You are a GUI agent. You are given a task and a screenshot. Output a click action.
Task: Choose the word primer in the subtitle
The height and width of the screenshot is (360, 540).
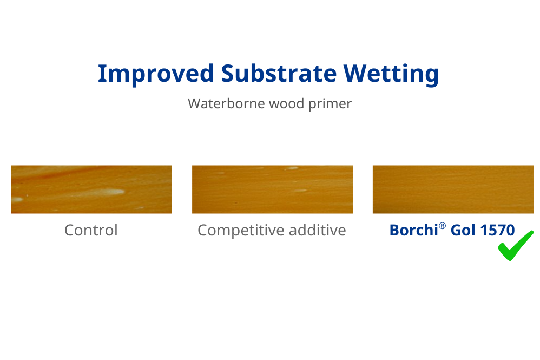click(330, 104)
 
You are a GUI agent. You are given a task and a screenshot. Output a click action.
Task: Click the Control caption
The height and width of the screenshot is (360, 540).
click(91, 230)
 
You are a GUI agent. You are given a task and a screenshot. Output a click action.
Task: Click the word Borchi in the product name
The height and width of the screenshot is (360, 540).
click(413, 230)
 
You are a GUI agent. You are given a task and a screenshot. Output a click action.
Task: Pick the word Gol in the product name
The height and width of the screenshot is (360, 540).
click(463, 230)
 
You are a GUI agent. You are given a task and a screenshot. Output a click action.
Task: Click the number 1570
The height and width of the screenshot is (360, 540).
click(497, 230)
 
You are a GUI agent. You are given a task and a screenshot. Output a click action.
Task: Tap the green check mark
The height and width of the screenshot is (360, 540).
click(515, 246)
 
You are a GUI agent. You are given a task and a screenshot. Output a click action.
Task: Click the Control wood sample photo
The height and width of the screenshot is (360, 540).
click(91, 189)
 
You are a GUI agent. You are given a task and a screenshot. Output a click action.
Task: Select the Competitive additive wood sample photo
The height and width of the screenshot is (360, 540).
click(272, 189)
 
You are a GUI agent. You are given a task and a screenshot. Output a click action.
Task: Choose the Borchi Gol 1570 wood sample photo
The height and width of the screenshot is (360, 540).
click(453, 189)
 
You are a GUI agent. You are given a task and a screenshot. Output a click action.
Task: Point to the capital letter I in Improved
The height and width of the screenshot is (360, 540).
click(101, 73)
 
